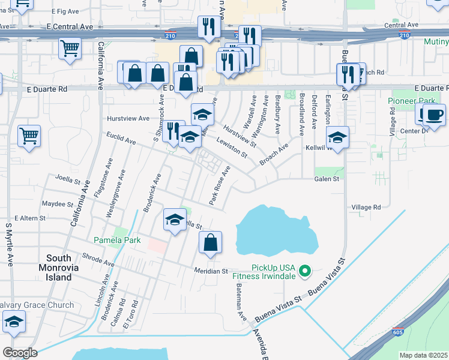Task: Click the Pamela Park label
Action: click(117, 240)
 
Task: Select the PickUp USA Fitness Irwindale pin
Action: click(305, 271)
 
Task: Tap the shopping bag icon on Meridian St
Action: click(211, 242)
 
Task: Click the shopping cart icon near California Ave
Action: click(70, 47)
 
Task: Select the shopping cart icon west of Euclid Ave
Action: click(29, 136)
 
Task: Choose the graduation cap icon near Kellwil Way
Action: click(338, 137)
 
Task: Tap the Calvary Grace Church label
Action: click(37, 305)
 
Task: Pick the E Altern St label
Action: click(30, 218)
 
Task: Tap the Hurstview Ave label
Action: click(128, 118)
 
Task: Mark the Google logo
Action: click(20, 353)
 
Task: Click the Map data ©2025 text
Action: click(423, 355)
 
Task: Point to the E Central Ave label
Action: click(70, 27)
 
